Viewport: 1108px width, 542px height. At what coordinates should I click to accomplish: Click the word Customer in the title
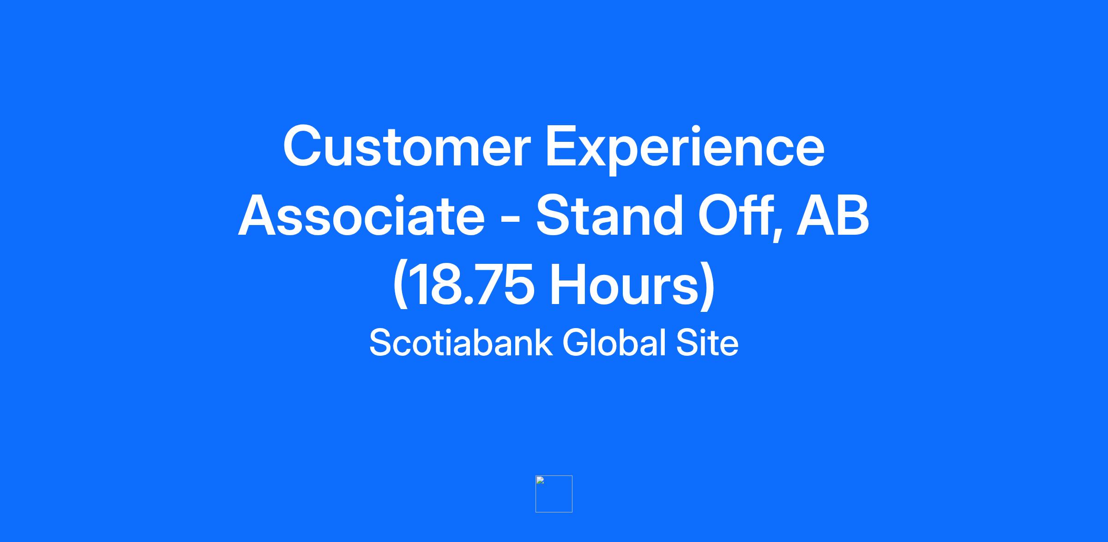407,146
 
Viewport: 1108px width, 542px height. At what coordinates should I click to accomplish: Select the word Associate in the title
361,215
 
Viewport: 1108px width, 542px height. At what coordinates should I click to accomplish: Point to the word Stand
609,215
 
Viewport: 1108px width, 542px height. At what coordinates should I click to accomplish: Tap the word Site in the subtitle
707,342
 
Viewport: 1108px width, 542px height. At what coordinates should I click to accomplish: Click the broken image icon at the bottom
554,494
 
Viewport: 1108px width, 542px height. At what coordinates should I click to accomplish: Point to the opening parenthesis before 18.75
400,286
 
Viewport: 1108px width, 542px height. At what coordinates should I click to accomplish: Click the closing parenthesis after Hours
708,286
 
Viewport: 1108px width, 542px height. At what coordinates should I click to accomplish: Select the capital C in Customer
303,146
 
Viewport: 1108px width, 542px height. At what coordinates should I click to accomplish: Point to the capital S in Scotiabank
381,342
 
